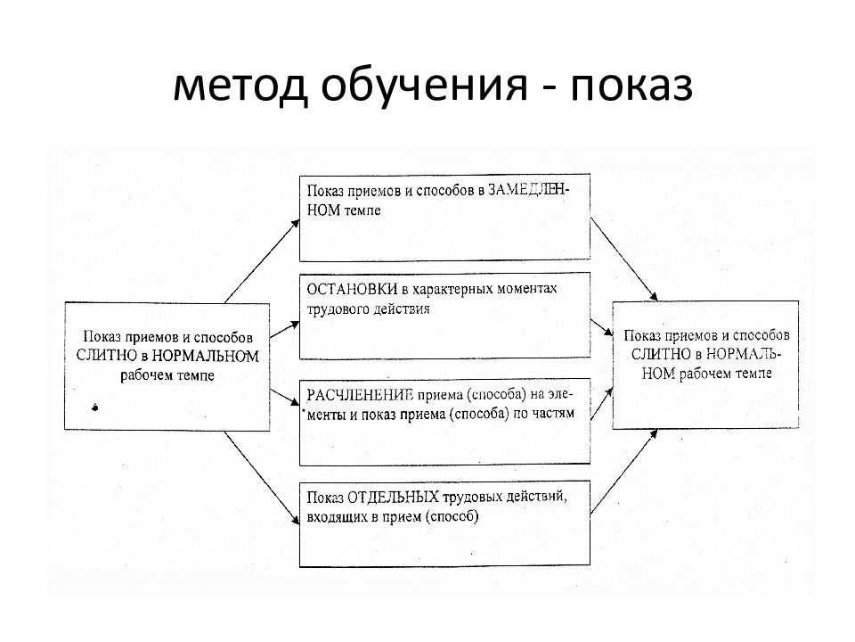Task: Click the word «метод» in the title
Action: tap(240, 86)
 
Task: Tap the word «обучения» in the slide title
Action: tap(424, 86)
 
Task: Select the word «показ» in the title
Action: tap(631, 86)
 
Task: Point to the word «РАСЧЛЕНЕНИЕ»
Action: tap(359, 395)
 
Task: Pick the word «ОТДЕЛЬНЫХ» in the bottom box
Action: tap(393, 497)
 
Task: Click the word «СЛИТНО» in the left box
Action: tap(107, 356)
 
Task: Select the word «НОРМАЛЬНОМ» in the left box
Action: tap(205, 356)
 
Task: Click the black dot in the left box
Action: tap(95, 407)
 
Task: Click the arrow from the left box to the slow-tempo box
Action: tap(262, 261)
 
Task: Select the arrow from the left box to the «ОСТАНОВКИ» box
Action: tap(285, 329)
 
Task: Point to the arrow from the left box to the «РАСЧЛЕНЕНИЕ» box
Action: tap(285, 398)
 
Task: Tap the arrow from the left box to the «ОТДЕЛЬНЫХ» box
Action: tap(262, 478)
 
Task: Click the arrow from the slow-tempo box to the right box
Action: tap(623, 259)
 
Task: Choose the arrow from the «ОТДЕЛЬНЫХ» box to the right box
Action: tap(623, 472)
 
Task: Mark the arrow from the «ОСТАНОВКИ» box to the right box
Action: tap(601, 327)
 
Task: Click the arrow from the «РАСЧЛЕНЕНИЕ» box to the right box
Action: tap(601, 403)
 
